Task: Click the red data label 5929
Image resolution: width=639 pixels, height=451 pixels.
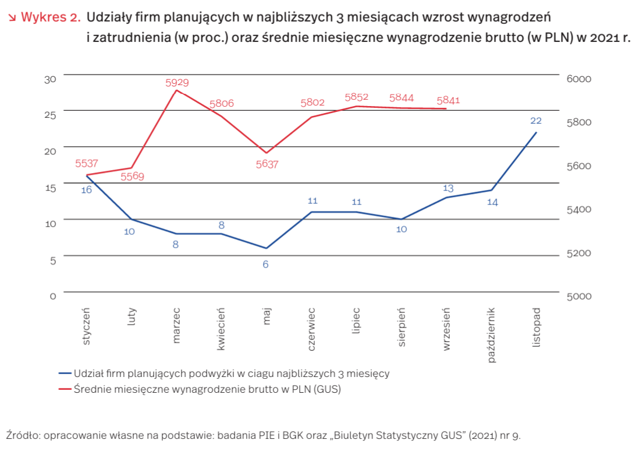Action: click(x=177, y=83)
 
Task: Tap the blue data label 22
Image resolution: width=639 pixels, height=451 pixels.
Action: click(x=536, y=121)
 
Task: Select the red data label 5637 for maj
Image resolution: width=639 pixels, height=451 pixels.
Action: click(x=267, y=164)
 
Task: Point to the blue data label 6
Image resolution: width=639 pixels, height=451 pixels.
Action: click(x=267, y=264)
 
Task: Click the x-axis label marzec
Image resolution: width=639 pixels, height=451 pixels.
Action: click(x=177, y=326)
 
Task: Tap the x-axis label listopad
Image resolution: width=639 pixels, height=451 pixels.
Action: click(x=537, y=328)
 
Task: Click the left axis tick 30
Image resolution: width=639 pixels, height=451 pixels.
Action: click(x=51, y=78)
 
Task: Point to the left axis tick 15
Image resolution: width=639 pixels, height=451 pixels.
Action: click(x=51, y=188)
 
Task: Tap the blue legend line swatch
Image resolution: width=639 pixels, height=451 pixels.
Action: click(x=65, y=374)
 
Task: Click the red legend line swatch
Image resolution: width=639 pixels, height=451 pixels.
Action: click(x=65, y=389)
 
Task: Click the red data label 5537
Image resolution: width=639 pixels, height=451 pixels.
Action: click(x=87, y=164)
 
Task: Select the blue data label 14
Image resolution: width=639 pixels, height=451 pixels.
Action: click(x=492, y=202)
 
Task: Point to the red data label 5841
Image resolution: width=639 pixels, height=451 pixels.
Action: click(x=448, y=100)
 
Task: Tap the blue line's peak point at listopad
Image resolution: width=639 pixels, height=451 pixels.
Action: click(x=536, y=132)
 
